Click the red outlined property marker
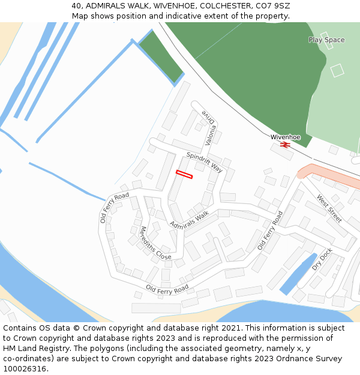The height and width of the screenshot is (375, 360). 184,174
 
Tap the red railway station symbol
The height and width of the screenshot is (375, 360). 285,145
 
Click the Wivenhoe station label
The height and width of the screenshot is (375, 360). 285,137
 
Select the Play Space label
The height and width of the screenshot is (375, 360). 326,40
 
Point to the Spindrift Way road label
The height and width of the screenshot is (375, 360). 204,163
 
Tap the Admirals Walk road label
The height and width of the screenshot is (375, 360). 189,220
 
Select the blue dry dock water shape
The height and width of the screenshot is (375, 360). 298,275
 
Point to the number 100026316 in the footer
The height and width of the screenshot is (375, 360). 24,369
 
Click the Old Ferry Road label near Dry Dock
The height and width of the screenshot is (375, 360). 269,230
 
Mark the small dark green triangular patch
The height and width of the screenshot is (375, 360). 160,56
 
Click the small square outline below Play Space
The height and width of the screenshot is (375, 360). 337,70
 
